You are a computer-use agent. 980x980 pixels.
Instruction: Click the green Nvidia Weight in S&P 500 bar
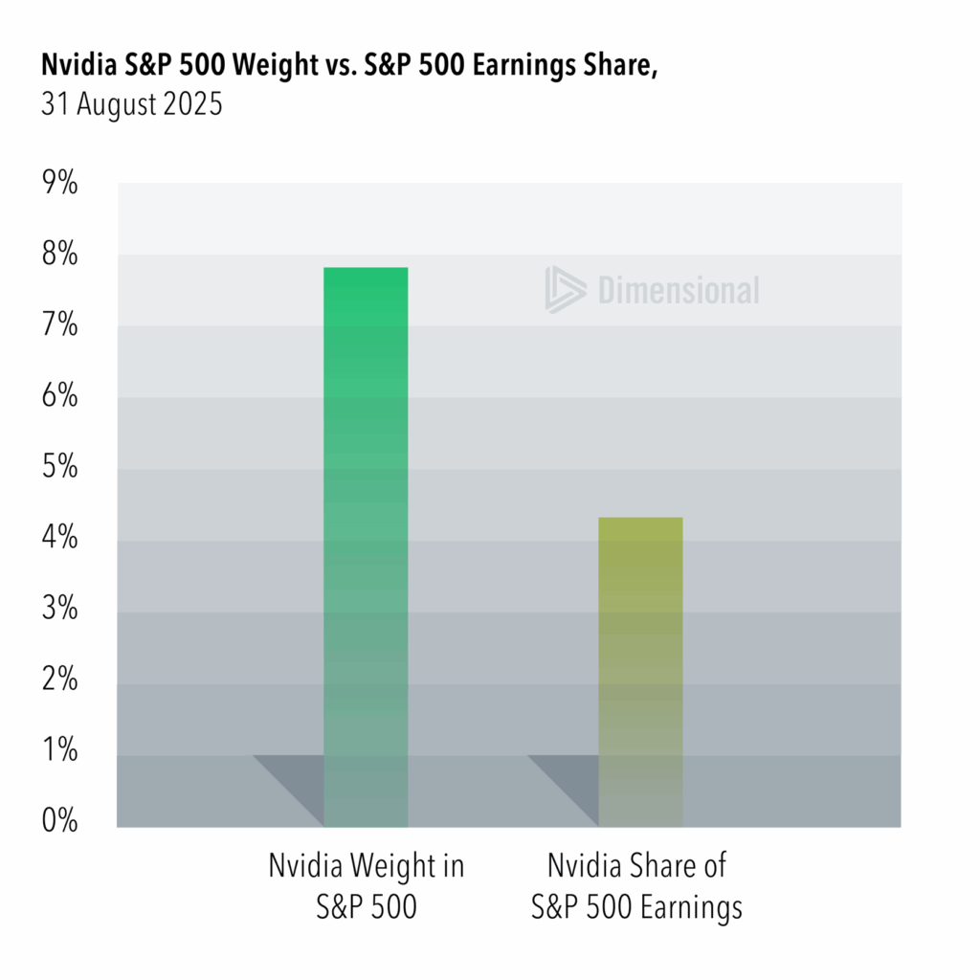[366, 546]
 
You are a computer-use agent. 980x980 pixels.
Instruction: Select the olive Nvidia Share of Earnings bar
[640, 670]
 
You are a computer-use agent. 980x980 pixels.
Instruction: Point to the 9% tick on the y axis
[58, 183]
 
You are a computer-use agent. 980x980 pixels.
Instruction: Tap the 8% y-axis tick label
[58, 255]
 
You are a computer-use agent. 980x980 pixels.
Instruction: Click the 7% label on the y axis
[58, 325]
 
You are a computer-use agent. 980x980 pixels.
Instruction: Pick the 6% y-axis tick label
[58, 396]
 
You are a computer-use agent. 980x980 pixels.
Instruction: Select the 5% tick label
[58, 468]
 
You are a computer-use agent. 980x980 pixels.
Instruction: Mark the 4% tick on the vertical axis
[58, 539]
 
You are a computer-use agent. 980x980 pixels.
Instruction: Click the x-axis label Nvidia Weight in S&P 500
[366, 886]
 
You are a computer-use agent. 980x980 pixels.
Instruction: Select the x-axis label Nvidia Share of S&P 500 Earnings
[637, 886]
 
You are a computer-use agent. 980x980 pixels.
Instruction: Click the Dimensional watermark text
[679, 290]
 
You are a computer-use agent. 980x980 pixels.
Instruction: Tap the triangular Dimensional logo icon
[563, 289]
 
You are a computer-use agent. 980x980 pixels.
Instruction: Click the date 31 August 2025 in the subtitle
[131, 104]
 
